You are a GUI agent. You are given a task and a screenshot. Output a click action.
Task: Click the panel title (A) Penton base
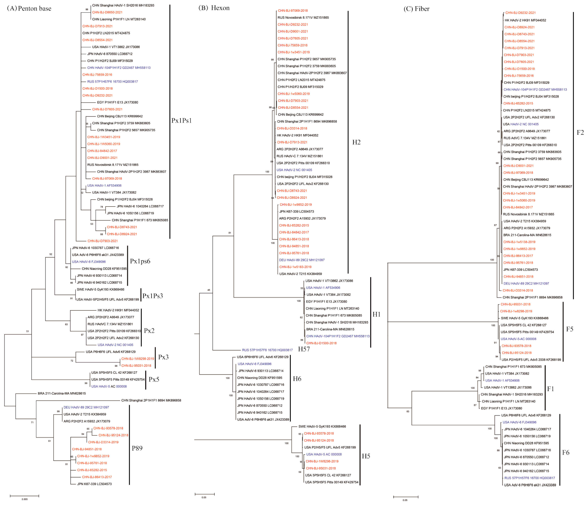pos(29,8)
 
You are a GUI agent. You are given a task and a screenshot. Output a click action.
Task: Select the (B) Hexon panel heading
pos(214,8)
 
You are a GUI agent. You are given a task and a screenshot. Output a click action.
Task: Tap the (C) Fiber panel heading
pos(416,9)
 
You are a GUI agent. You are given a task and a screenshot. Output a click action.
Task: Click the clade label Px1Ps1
pos(182,121)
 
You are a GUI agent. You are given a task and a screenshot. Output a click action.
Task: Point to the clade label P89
pos(137,448)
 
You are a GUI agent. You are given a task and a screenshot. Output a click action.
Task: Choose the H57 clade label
pos(304,349)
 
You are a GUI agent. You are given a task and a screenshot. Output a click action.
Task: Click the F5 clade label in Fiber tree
pos(570,329)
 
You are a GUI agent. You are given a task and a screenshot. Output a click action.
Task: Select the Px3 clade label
pos(163,357)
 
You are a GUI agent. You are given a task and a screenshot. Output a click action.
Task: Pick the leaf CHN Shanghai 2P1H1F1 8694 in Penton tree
pos(151,400)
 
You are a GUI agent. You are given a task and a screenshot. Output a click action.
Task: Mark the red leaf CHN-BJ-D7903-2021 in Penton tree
pos(103,241)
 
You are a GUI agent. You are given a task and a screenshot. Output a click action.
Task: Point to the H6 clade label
pos(297,379)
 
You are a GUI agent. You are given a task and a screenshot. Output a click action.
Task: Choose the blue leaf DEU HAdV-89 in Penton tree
pos(86,408)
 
